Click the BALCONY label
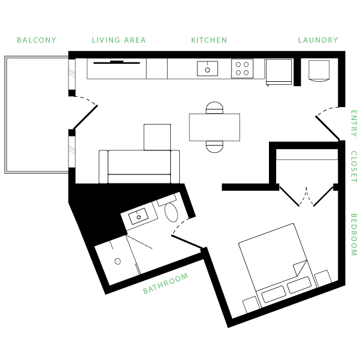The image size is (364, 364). pyautogui.click(x=37, y=40)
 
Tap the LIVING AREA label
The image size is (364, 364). pyautogui.click(x=119, y=40)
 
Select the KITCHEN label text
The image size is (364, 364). pyautogui.click(x=209, y=40)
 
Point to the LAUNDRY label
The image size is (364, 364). pyautogui.click(x=318, y=40)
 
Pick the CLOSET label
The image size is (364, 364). pyautogui.click(x=354, y=167)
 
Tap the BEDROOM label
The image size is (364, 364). pyautogui.click(x=354, y=235)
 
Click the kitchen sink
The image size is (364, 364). pyautogui.click(x=208, y=69)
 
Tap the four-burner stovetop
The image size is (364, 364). pyautogui.click(x=242, y=69)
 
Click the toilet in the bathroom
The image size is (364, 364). pyautogui.click(x=172, y=212)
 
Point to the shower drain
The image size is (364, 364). pyautogui.click(x=118, y=262)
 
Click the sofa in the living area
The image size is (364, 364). pyautogui.click(x=140, y=167)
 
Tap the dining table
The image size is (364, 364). pyautogui.click(x=214, y=127)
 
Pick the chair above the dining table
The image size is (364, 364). pyautogui.click(x=214, y=108)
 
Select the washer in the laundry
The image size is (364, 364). pyautogui.click(x=319, y=70)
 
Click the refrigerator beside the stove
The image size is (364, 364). pyautogui.click(x=279, y=72)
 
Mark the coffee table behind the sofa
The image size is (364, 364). pyautogui.click(x=158, y=137)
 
